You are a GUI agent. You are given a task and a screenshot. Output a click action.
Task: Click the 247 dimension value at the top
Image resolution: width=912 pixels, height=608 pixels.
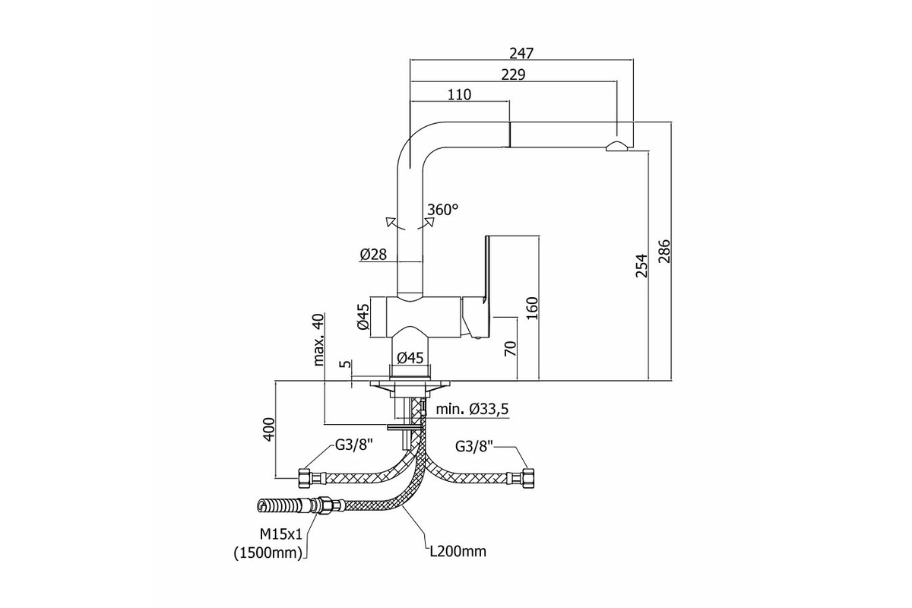(x=521, y=53)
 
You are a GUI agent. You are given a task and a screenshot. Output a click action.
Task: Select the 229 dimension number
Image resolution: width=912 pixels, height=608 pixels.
(x=514, y=74)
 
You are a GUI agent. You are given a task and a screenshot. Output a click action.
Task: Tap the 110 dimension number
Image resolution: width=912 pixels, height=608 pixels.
(x=459, y=94)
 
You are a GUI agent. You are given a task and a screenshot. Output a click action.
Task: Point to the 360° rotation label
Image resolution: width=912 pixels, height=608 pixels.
(x=442, y=210)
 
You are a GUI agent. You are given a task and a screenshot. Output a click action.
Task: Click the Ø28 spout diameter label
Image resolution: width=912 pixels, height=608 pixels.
(x=373, y=255)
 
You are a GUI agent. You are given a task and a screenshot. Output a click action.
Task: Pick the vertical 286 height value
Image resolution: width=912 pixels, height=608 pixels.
(x=664, y=252)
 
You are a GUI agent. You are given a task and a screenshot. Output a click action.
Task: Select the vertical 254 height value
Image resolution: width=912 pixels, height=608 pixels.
(x=641, y=265)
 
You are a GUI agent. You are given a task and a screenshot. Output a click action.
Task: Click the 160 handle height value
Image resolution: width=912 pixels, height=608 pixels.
(x=532, y=309)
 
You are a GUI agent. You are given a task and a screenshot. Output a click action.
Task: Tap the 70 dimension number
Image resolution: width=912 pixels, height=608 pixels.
(x=510, y=349)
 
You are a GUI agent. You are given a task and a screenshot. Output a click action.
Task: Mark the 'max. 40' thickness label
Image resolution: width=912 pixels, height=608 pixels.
(x=319, y=340)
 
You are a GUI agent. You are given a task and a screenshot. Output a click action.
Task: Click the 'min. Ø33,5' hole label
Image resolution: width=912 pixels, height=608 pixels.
(x=472, y=409)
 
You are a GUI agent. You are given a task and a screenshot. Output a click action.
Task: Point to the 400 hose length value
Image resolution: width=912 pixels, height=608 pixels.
(x=269, y=429)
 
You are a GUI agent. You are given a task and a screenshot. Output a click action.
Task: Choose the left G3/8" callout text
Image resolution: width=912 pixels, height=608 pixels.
(x=354, y=445)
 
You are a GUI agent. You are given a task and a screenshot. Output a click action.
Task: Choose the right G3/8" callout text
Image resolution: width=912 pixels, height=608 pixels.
(x=474, y=446)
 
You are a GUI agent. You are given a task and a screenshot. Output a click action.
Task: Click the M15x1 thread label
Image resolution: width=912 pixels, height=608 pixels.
(x=281, y=534)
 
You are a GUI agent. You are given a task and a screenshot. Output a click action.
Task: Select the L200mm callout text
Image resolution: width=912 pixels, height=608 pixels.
(x=458, y=552)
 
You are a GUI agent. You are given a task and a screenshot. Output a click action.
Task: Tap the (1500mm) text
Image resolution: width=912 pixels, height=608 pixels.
(x=269, y=553)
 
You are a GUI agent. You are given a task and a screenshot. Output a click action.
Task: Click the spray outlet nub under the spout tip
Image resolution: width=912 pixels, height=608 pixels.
(x=617, y=146)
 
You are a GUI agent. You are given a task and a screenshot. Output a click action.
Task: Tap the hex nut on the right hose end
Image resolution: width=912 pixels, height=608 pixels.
(x=528, y=478)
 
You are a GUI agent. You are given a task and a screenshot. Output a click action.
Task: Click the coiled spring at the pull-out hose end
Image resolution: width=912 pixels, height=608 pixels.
(x=277, y=506)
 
